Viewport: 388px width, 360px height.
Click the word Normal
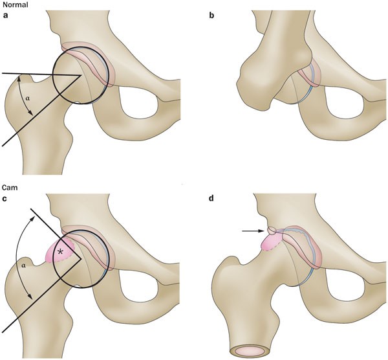click(x=14, y=5)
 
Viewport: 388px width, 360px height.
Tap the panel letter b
click(x=211, y=16)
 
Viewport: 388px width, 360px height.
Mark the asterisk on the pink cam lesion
click(x=61, y=251)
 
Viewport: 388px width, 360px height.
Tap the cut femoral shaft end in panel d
click(x=249, y=351)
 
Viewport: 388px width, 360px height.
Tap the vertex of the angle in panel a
click(x=80, y=75)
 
